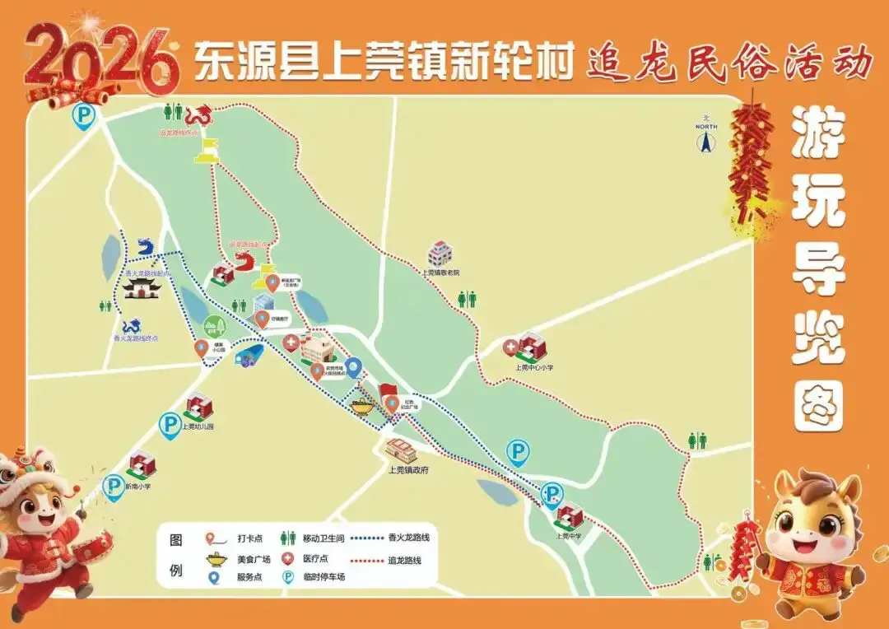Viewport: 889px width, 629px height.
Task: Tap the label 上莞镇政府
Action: coord(408,469)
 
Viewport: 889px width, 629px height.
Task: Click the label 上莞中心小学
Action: coord(533,367)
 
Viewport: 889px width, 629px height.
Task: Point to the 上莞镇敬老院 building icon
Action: coord(440,254)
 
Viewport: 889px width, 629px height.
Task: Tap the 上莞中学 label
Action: coord(569,535)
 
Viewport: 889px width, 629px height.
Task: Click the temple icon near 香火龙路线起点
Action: coord(141,288)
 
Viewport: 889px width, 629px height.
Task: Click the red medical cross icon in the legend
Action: coord(287,558)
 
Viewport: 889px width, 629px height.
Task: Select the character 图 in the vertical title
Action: coord(818,409)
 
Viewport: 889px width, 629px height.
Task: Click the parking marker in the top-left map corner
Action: coord(82,115)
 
